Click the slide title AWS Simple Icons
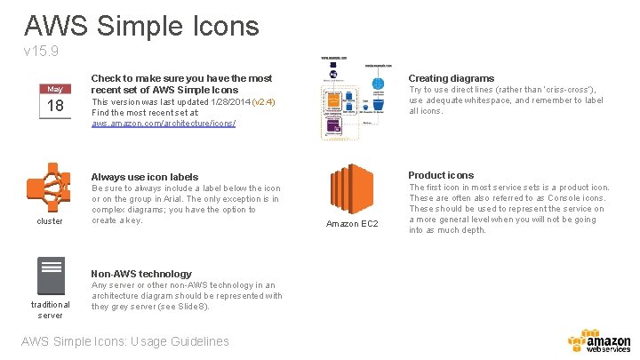[x=141, y=24]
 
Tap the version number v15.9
[x=41, y=52]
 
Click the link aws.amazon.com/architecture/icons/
[x=164, y=124]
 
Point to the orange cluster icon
[x=50, y=187]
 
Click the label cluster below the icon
[x=50, y=221]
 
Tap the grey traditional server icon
[x=50, y=275]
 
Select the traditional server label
[x=50, y=309]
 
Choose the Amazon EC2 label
[x=352, y=223]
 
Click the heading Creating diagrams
[x=451, y=78]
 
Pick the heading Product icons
[x=441, y=175]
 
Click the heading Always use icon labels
[x=145, y=177]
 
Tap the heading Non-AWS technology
[x=141, y=274]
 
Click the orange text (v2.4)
[x=264, y=102]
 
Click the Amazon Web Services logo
[x=598, y=343]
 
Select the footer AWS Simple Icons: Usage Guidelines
[x=124, y=341]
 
